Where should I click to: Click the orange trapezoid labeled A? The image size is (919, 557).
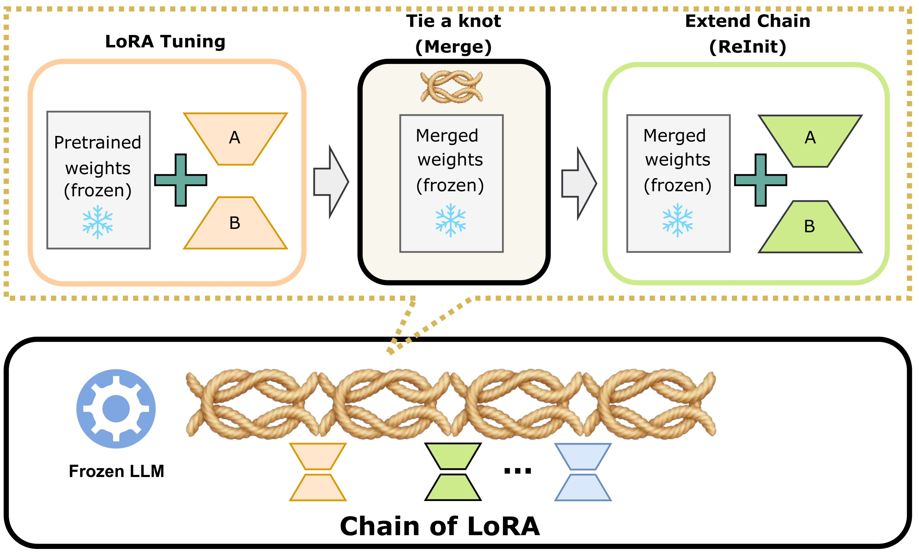tap(235, 138)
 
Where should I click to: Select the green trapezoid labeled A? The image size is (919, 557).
tap(810, 140)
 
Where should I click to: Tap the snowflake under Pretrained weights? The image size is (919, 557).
tap(98, 222)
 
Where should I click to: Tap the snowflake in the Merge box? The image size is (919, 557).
tap(450, 220)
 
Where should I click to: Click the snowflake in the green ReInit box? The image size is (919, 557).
tap(677, 220)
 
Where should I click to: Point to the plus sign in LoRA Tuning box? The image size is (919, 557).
tap(180, 180)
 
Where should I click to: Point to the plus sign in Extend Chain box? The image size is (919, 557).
tap(760, 180)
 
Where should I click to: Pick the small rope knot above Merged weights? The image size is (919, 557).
tap(451, 87)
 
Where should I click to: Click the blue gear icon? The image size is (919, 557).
tap(116, 408)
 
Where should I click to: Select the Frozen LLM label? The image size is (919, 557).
tap(116, 471)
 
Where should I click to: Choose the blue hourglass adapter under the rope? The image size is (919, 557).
tap(583, 472)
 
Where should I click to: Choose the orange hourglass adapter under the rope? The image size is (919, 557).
tap(318, 472)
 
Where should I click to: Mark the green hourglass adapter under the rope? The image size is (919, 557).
tap(453, 472)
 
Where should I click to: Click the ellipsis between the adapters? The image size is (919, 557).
tap(517, 471)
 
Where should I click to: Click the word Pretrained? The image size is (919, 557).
tap(98, 142)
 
